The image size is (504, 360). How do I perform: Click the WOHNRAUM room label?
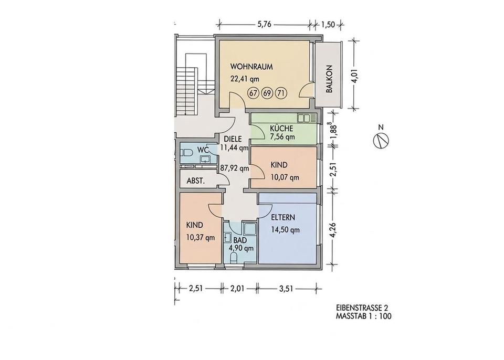click(x=251, y=67)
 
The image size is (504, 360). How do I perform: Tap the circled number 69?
click(x=267, y=93)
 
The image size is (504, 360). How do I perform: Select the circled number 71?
click(x=280, y=93)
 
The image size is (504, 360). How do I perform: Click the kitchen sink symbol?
click(x=307, y=118)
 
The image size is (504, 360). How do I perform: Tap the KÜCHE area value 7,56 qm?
click(x=282, y=137)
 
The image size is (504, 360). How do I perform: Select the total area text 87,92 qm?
click(x=234, y=168)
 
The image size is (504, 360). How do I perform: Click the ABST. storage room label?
click(x=196, y=181)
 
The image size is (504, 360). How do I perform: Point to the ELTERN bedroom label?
click(x=283, y=218)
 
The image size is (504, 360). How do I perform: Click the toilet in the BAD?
click(x=234, y=258)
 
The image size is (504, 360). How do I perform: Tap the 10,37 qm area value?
click(x=201, y=238)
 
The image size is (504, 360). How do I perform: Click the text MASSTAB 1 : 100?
click(x=363, y=316)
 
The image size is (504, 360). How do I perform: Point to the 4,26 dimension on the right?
click(x=335, y=229)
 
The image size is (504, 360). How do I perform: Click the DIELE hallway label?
click(x=233, y=140)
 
